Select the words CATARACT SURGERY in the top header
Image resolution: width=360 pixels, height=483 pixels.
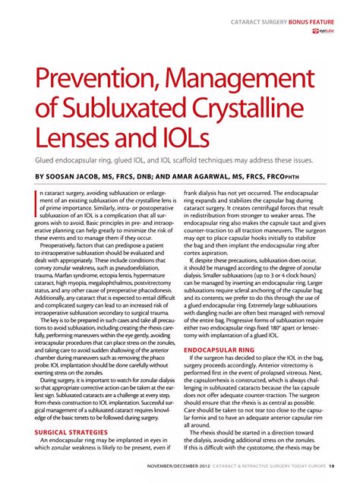pyautogui.click(x=258, y=21)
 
